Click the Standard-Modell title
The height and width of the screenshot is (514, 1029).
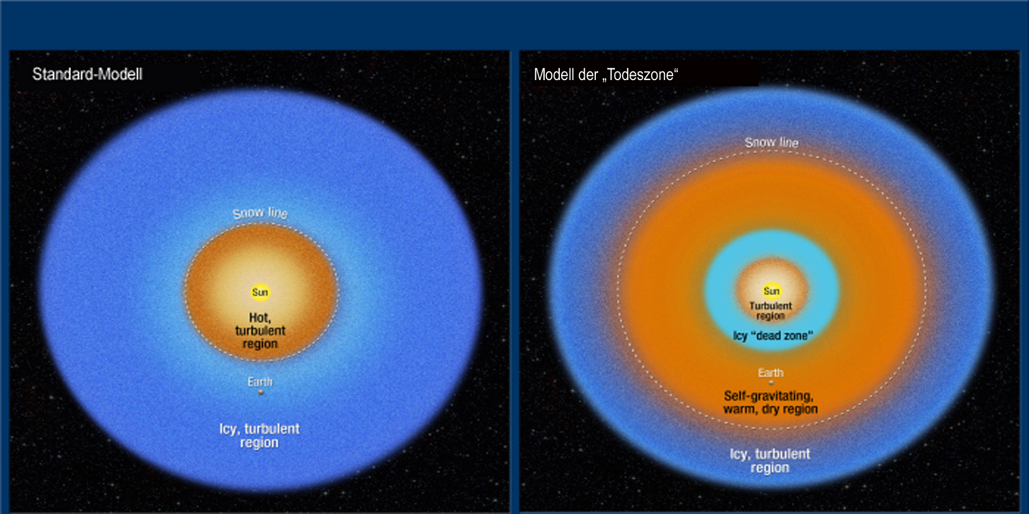(87, 74)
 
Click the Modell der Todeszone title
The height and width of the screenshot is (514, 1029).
(606, 75)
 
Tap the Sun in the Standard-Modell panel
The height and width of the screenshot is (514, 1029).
(260, 292)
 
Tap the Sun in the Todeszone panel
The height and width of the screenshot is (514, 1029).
(771, 291)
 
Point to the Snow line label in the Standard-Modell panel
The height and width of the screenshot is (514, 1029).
(260, 213)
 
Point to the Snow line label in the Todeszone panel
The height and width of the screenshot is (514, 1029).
(772, 142)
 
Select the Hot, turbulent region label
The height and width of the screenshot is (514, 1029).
(260, 331)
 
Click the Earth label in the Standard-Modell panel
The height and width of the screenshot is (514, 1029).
(260, 382)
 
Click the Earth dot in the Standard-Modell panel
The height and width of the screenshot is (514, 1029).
(261, 392)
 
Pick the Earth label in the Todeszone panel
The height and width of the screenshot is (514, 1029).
(771, 372)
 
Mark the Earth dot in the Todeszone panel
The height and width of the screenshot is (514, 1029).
(771, 382)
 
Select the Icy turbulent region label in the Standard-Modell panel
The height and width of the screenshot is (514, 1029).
(260, 436)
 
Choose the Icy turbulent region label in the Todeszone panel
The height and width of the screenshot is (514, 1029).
(770, 461)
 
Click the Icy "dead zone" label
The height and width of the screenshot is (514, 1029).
(773, 335)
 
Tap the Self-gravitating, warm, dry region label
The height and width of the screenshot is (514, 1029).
(770, 403)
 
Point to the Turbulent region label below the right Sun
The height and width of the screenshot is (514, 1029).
(771, 310)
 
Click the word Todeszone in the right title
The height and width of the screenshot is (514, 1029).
(641, 75)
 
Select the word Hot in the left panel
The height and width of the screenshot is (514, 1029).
(260, 318)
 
